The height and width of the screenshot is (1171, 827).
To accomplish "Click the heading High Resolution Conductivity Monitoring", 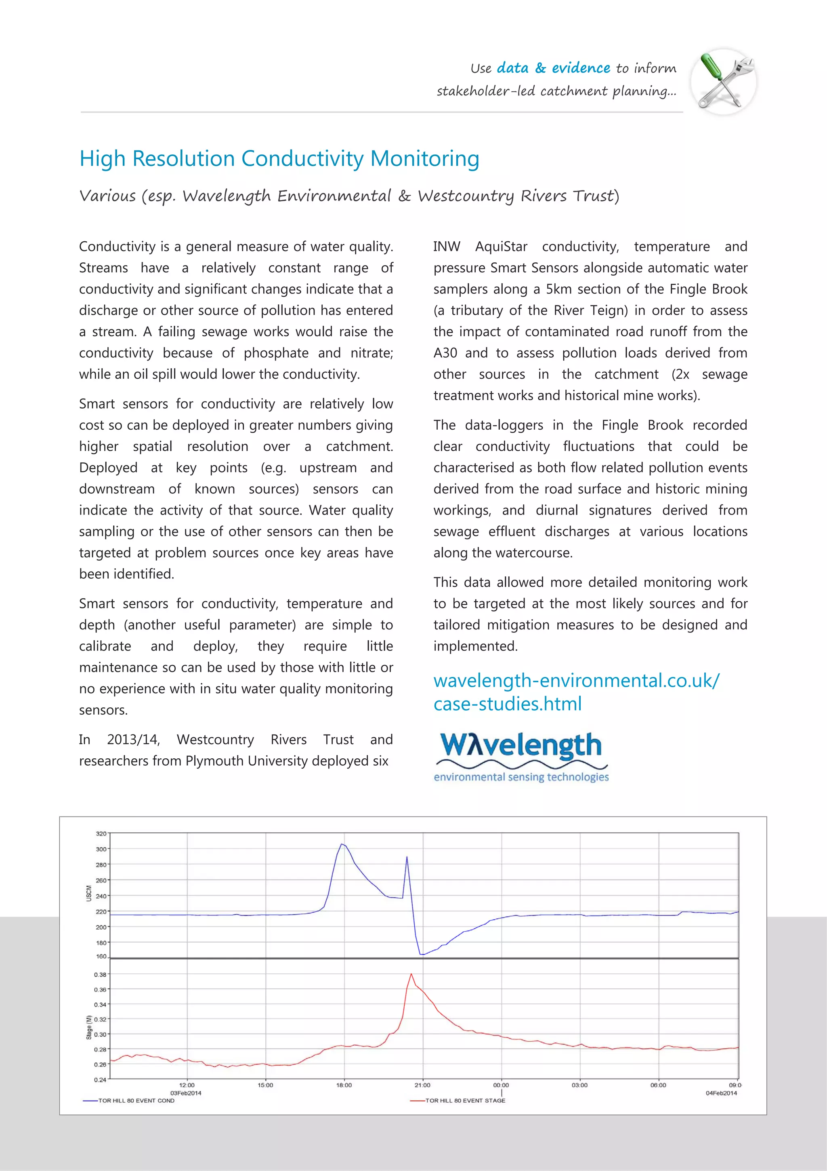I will (x=279, y=158).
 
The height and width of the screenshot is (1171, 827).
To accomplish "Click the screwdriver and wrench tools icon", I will (x=724, y=82).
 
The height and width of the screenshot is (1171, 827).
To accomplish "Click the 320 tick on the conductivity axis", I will (x=101, y=833).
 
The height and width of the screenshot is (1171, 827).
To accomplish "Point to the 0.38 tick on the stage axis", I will (x=100, y=974).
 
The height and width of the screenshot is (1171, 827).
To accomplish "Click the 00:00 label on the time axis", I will (x=501, y=1085).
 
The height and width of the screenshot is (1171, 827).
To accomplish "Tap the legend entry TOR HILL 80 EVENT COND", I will (x=136, y=1101).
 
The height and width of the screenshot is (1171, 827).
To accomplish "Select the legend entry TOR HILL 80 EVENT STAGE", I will (x=465, y=1101).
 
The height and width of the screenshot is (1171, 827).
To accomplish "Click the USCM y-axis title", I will (x=89, y=893).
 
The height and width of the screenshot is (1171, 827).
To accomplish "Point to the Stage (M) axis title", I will (x=89, y=1027).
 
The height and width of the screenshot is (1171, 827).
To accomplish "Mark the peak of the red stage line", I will (x=411, y=974).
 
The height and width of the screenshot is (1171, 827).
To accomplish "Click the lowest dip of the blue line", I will (x=422, y=954).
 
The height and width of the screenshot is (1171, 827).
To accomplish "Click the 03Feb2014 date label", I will (x=186, y=1093).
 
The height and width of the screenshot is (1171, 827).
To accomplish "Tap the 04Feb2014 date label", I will (x=721, y=1093).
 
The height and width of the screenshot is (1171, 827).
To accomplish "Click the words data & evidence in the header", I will (x=553, y=68).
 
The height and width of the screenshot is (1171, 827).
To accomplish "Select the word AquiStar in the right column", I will (x=502, y=247).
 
